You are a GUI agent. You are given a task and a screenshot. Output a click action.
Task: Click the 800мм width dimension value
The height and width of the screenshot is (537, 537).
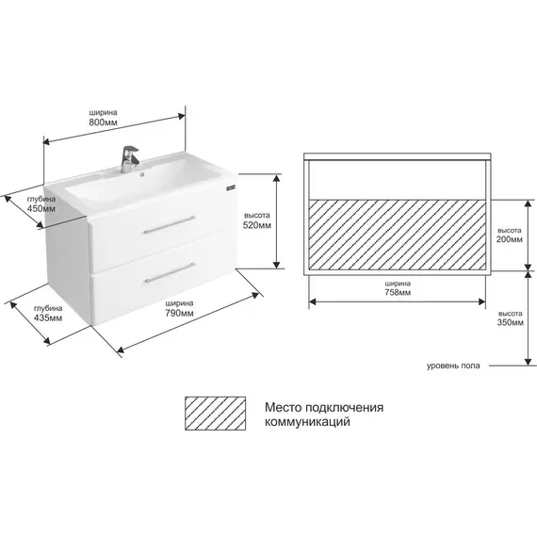(x=103, y=122)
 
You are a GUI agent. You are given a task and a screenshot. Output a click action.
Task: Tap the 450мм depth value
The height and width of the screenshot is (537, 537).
(x=41, y=208)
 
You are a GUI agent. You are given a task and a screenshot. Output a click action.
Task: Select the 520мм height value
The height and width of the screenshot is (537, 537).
(x=257, y=225)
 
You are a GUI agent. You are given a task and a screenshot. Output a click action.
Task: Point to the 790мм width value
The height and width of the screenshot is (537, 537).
(x=179, y=313)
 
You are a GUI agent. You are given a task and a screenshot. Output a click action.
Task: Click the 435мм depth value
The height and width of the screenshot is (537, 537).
(x=48, y=317)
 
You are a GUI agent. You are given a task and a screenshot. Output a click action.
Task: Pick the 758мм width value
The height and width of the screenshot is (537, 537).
(x=398, y=292)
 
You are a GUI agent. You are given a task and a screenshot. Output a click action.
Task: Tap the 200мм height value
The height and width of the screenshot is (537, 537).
(x=510, y=239)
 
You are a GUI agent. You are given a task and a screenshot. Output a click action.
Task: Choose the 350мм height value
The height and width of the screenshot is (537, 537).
(x=511, y=322)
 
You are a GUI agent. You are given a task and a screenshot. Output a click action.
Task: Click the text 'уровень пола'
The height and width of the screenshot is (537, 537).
(x=453, y=366)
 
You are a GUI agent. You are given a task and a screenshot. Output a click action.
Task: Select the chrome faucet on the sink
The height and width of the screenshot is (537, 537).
(x=129, y=159)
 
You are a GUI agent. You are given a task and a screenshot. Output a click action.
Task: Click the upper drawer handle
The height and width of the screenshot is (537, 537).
(x=170, y=224)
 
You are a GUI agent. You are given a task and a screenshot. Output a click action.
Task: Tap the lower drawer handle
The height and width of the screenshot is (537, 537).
(x=170, y=272)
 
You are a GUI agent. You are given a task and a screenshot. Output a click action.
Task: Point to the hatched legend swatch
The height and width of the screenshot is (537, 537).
(x=216, y=414)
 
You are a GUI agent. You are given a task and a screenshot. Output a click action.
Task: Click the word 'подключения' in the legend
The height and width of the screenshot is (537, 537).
(x=344, y=408)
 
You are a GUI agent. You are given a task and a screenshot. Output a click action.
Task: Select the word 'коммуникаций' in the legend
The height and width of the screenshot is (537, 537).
(x=307, y=421)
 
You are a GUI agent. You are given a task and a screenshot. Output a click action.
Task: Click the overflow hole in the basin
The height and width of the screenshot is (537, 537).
(x=142, y=175)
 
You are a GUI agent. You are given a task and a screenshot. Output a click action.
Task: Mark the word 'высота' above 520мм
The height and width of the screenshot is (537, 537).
(x=257, y=216)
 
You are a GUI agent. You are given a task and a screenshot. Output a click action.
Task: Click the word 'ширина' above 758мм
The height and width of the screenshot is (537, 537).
(x=398, y=284)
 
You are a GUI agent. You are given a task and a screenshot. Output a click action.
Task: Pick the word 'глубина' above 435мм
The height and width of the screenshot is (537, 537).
(x=48, y=308)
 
